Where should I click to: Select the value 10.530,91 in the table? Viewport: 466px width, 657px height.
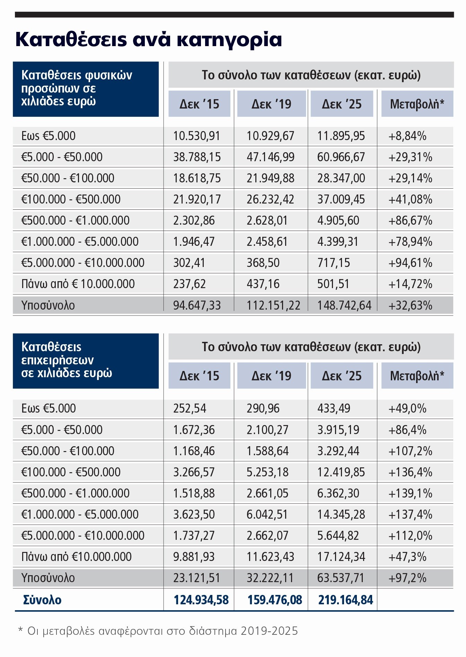[x=196, y=136]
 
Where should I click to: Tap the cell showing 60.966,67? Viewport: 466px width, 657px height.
[x=341, y=157]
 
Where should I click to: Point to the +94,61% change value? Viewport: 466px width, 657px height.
[x=410, y=263]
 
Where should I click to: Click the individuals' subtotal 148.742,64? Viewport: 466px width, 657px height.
[x=344, y=305]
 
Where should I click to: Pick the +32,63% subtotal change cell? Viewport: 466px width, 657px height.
[x=410, y=305]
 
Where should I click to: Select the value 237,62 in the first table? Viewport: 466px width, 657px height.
[x=189, y=284]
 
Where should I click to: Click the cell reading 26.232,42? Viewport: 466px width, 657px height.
[x=270, y=199]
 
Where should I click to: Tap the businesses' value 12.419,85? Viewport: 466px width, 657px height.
[x=341, y=472]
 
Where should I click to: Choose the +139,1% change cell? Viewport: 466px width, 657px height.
[x=410, y=493]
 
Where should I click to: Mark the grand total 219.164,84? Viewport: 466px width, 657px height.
[x=345, y=600]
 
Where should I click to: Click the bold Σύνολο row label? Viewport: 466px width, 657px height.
[x=42, y=600]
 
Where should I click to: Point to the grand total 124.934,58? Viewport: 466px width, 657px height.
[x=201, y=600]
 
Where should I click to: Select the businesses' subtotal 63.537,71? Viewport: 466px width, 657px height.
[x=341, y=578]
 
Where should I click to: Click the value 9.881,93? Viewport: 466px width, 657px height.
[x=194, y=557]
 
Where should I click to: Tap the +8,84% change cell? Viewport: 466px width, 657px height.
[x=407, y=136]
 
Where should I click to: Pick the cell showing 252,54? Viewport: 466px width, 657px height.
[x=190, y=408]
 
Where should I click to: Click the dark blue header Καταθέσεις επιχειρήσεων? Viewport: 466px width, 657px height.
[x=86, y=361]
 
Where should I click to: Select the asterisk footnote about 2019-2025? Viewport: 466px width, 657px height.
[x=158, y=631]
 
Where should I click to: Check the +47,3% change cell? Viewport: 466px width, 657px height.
[x=407, y=557]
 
